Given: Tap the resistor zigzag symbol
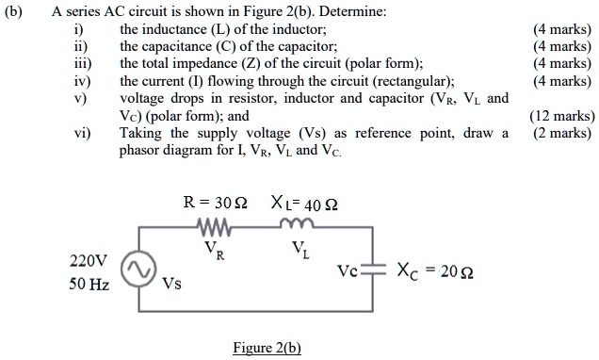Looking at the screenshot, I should tap(217, 227).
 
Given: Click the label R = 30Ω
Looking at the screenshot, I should tap(216, 202).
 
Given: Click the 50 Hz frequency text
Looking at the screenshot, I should tap(89, 283).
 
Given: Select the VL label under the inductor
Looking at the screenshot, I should tap(299, 250).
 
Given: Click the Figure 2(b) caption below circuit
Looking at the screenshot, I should tap(267, 348).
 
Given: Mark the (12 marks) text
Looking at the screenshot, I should tap(561, 117).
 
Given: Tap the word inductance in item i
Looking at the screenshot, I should tap(174, 29).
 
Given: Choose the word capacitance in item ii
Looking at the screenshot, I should tap(176, 46).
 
